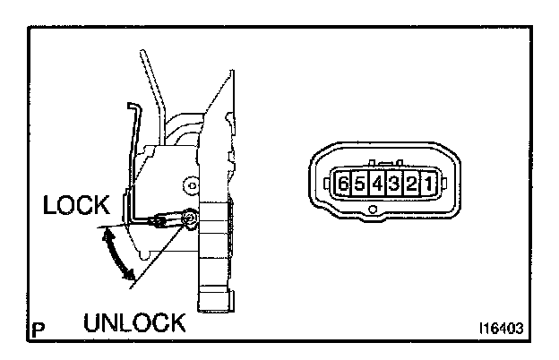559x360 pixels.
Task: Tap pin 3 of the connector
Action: (394, 185)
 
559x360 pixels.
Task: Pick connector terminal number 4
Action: (377, 185)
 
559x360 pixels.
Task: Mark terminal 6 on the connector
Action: (343, 185)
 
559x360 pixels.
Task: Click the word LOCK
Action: (74, 206)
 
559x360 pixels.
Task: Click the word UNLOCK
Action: (134, 321)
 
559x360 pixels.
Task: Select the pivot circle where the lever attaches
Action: (189, 218)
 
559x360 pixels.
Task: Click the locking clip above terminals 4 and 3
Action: (386, 166)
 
